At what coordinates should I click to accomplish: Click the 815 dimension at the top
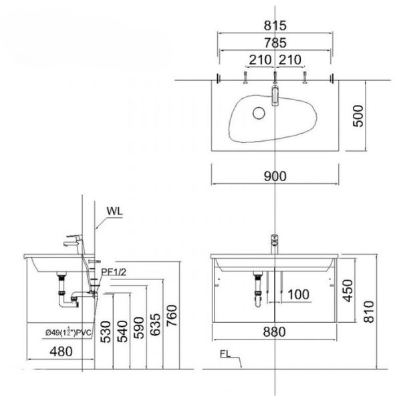tap(275, 27)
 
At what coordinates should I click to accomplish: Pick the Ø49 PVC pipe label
tap(68, 330)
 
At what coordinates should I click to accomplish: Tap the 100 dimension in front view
tap(299, 293)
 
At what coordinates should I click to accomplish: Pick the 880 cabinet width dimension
tap(275, 331)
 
